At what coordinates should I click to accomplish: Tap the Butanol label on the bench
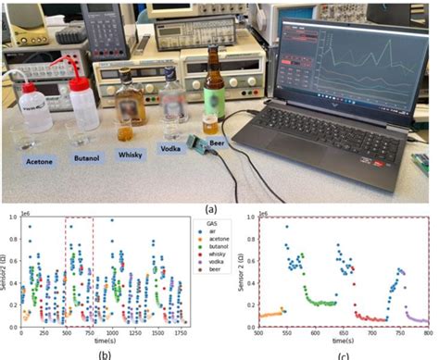84,159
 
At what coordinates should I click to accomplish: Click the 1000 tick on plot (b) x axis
112,333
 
